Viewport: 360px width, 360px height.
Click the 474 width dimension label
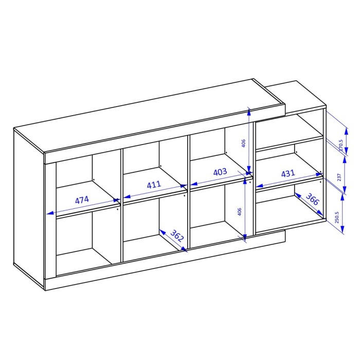click(82, 200)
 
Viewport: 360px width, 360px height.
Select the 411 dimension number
click(154, 185)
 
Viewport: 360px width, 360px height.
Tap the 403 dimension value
click(220, 172)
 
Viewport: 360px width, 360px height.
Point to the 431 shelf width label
click(288, 173)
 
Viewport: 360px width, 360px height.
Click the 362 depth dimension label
click(177, 236)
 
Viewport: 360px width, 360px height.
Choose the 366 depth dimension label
click(313, 199)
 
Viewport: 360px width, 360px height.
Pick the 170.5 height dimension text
click(340, 145)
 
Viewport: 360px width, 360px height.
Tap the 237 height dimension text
click(339, 177)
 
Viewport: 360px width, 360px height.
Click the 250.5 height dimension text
click(337, 218)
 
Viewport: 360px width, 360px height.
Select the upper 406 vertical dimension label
click(244, 143)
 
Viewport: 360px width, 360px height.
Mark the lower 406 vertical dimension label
click(239, 212)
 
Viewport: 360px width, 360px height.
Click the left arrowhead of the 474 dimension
click(50, 213)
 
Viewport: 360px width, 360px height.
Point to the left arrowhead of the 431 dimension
click(259, 186)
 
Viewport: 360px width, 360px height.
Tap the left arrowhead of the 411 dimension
click(127, 196)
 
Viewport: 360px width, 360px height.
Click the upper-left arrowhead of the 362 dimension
click(163, 232)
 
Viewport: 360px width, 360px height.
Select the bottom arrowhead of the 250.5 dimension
click(342, 229)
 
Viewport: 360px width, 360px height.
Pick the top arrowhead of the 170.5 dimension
click(346, 132)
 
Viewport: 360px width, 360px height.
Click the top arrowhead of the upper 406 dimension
click(249, 113)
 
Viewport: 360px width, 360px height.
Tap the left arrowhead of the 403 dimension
click(194, 184)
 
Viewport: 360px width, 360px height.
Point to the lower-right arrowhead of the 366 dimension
click(319, 212)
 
